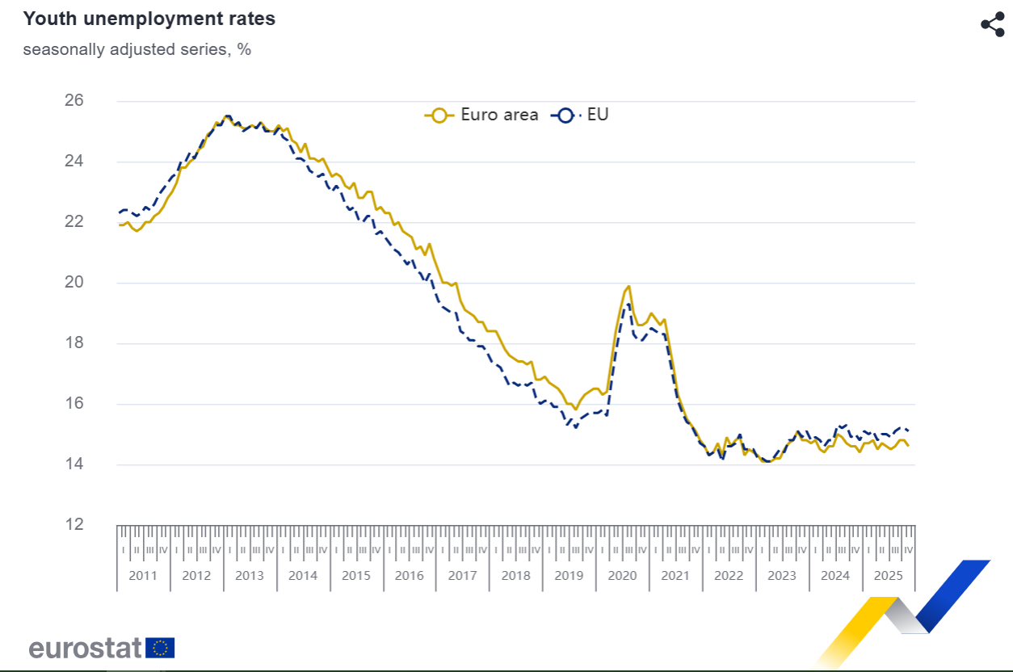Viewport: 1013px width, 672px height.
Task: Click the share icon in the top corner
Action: (992, 24)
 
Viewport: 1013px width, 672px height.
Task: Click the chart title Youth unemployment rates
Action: (149, 19)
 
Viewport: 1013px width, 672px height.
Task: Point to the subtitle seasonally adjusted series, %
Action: (137, 49)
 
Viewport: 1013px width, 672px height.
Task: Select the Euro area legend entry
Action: (482, 115)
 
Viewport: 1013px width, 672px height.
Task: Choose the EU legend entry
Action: (581, 115)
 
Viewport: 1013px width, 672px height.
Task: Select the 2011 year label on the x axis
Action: (143, 576)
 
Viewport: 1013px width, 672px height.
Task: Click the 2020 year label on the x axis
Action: (622, 576)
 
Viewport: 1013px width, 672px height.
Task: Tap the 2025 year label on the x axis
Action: (888, 576)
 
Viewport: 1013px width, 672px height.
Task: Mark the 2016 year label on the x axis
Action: (409, 576)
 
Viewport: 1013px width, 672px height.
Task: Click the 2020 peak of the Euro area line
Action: (628, 286)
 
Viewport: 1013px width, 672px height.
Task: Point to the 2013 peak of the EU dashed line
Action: (228, 116)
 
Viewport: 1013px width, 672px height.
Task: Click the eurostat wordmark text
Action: (86, 648)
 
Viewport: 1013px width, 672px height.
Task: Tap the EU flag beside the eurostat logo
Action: (160, 648)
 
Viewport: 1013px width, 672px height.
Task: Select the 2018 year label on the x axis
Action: (515, 576)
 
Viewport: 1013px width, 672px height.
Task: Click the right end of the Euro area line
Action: (909, 445)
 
